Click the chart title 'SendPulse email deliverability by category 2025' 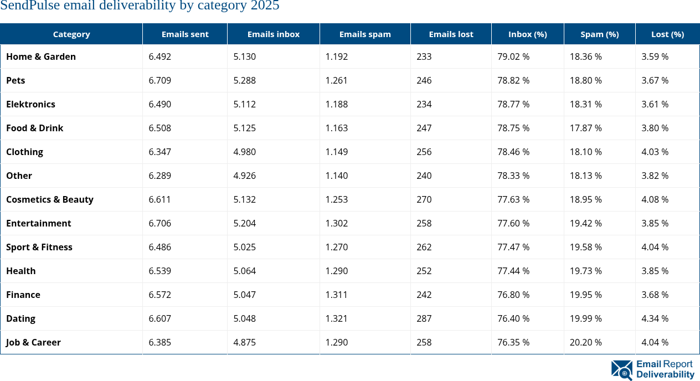[x=140, y=7]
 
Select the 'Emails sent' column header [x=185, y=34]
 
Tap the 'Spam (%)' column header [x=599, y=34]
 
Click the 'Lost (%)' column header [x=667, y=34]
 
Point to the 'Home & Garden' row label [x=41, y=56]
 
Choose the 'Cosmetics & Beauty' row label [x=50, y=199]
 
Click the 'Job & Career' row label [x=34, y=342]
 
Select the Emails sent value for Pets [x=160, y=80]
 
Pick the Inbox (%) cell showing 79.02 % [x=513, y=56]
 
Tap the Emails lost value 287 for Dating [x=424, y=318]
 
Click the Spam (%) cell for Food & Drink [x=586, y=128]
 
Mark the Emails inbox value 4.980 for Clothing [x=245, y=152]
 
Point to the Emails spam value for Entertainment [x=337, y=223]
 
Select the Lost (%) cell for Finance [x=655, y=295]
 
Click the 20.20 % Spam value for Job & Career [x=586, y=342]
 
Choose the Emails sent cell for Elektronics [x=160, y=104]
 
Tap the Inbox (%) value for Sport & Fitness [x=513, y=247]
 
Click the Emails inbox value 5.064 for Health [x=245, y=271]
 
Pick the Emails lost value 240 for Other [x=424, y=176]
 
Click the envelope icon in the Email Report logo [x=622, y=370]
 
